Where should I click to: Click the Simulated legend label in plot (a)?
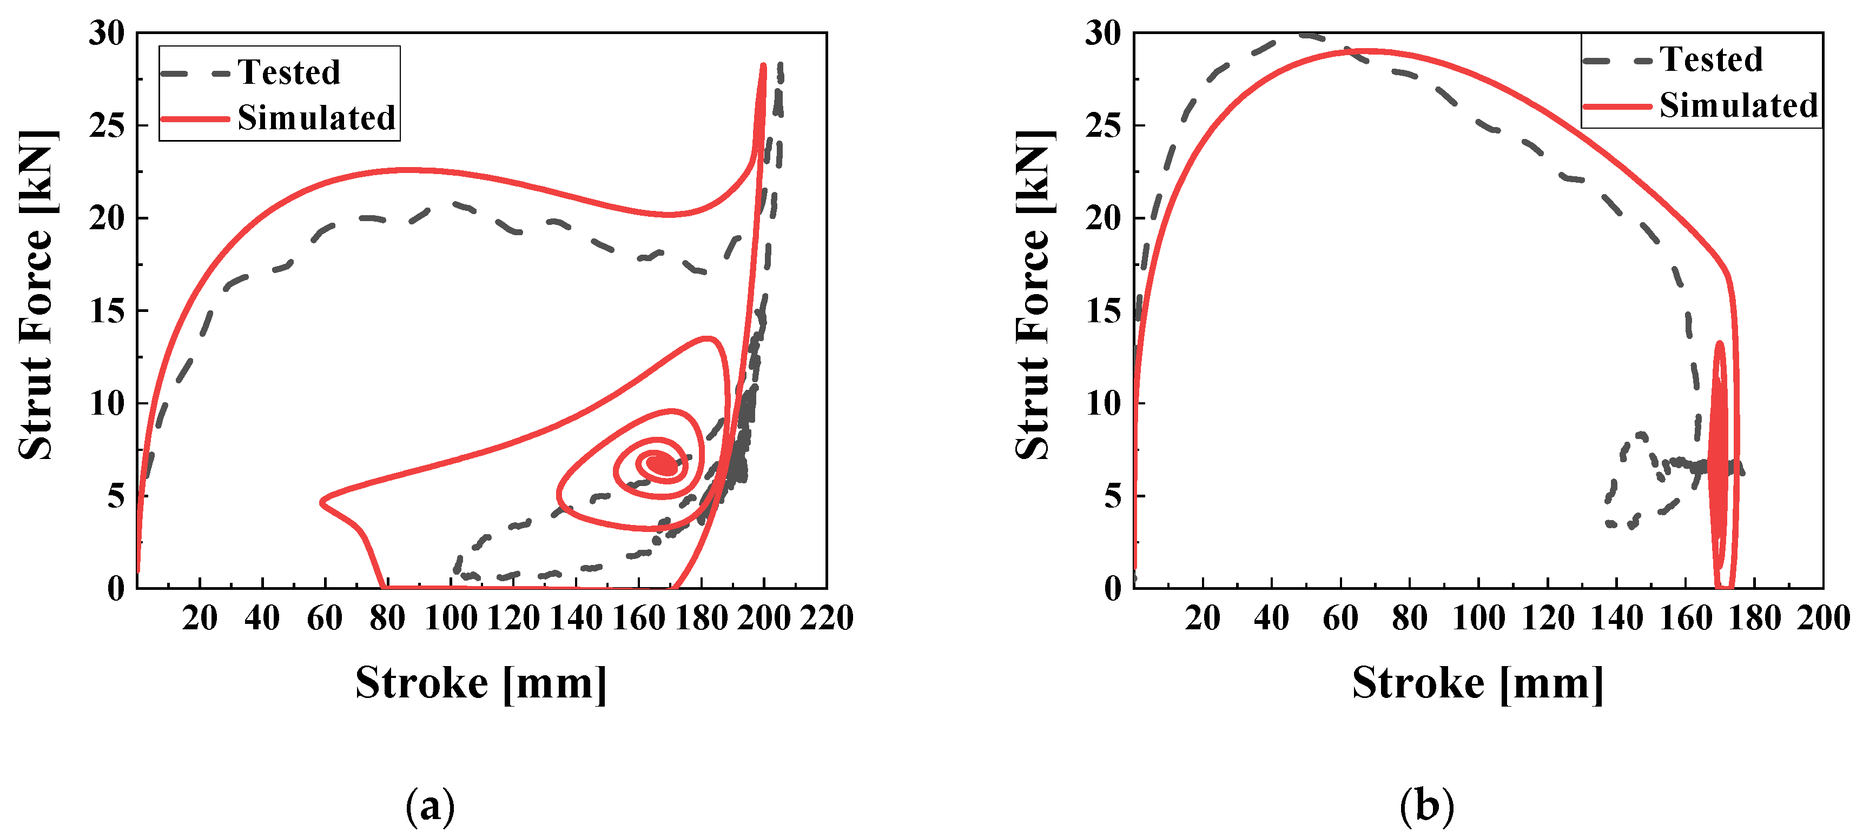click(316, 118)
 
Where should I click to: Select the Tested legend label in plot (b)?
click(1710, 59)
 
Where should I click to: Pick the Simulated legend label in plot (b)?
click(1738, 105)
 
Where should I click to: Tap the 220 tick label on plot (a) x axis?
click(826, 618)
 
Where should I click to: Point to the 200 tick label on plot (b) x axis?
click(1823, 618)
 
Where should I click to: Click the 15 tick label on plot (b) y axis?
click(1103, 311)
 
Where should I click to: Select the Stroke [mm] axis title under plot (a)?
click(481, 682)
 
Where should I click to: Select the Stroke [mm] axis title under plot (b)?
click(1477, 682)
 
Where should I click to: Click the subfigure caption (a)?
click(430, 806)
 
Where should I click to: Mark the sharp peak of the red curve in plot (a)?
click(763, 66)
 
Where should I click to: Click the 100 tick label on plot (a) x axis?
click(450, 618)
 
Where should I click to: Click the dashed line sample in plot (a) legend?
click(195, 73)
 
